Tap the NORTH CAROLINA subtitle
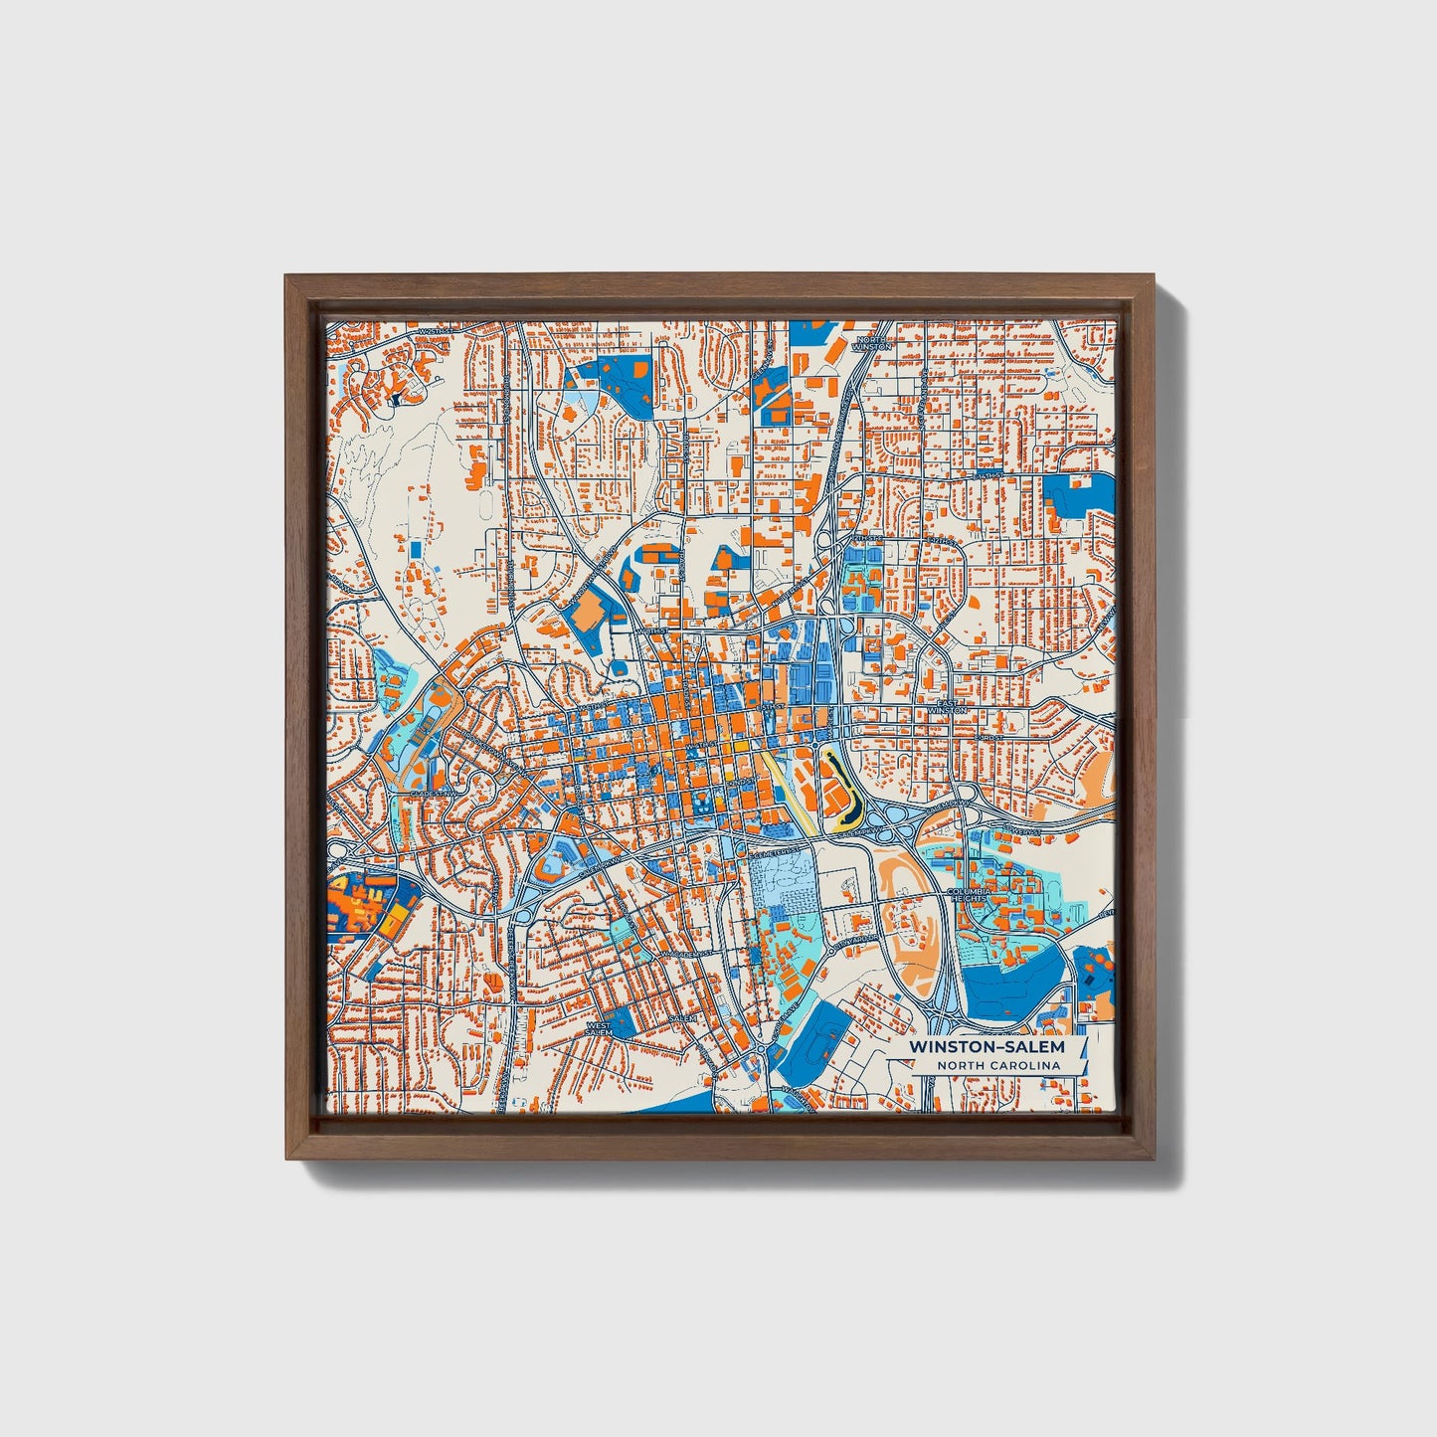(x=997, y=1066)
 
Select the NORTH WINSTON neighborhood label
(x=871, y=343)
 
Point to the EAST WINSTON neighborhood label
(x=948, y=707)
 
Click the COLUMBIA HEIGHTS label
(x=971, y=895)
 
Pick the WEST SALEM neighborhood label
(x=600, y=1028)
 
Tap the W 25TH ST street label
(x=436, y=331)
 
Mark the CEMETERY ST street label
(x=781, y=852)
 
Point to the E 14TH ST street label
(x=989, y=476)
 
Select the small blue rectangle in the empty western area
(x=416, y=548)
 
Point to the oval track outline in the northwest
(x=484, y=507)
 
